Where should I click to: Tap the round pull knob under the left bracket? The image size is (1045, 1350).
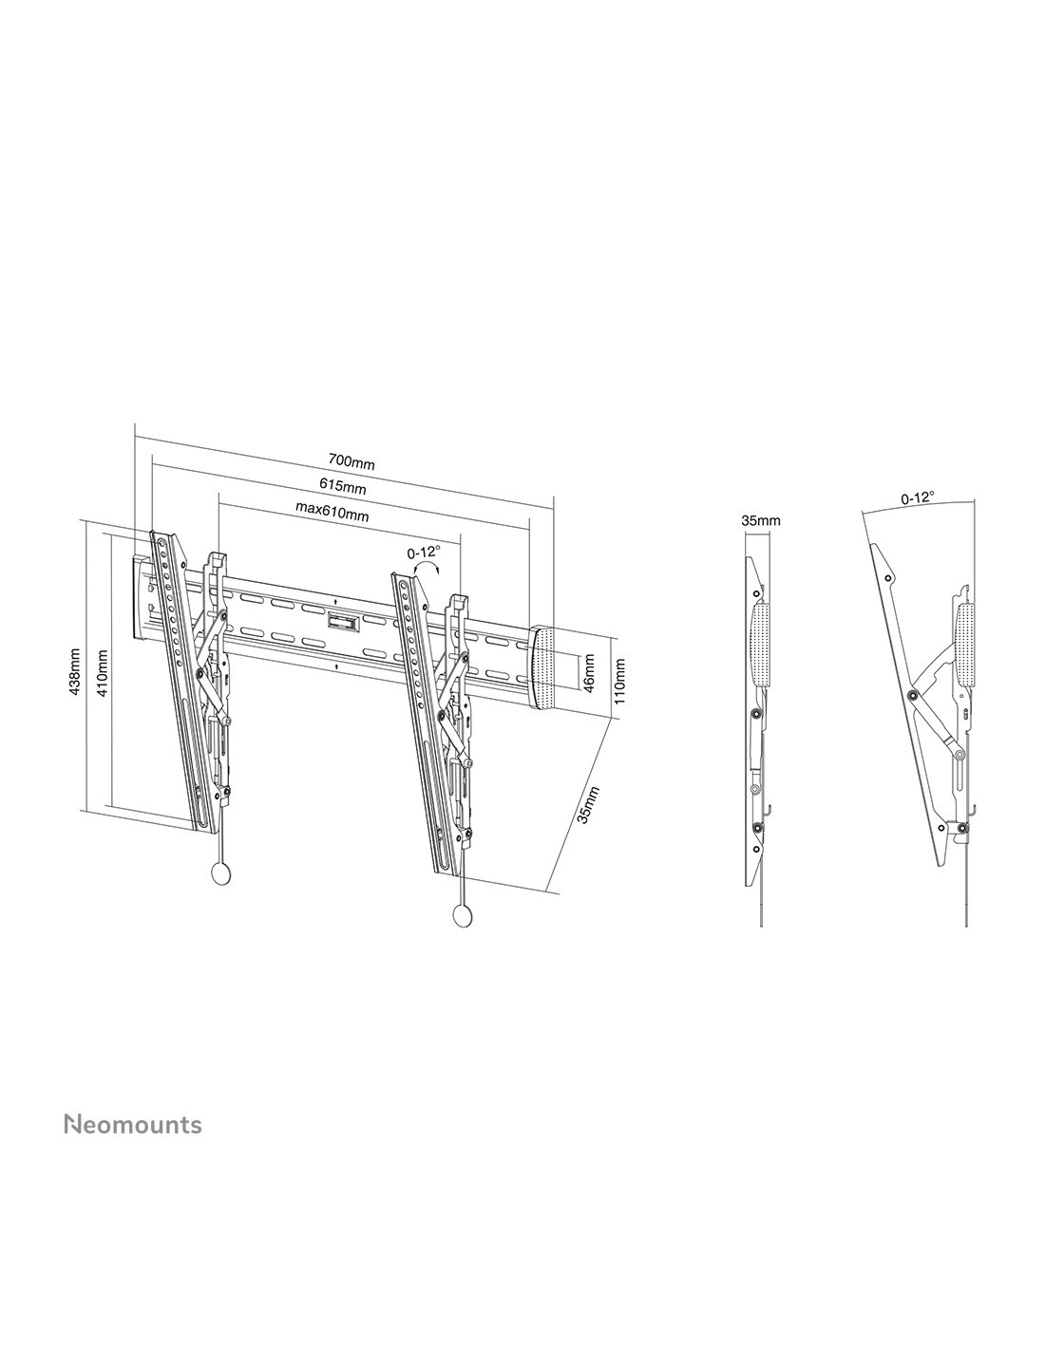click(x=221, y=873)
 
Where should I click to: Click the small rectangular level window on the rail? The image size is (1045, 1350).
click(x=341, y=622)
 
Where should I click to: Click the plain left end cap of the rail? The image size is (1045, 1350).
click(x=142, y=596)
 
